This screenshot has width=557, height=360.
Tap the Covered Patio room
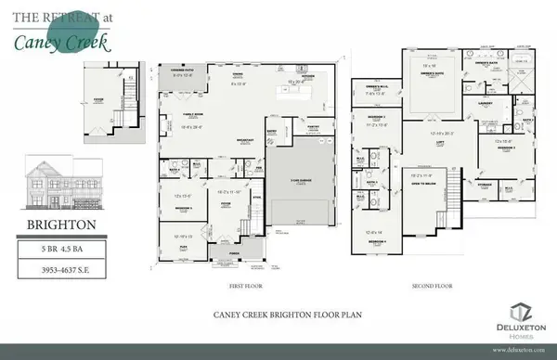click(x=176, y=73)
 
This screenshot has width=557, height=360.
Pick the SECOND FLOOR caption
click(x=426, y=287)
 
